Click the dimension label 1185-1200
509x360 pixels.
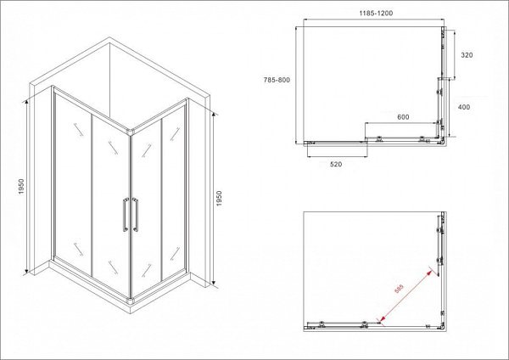376,14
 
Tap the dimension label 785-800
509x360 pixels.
277,80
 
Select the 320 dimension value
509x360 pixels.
467,55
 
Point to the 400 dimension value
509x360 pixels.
463,107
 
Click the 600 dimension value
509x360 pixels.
403,117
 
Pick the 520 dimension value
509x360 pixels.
336,165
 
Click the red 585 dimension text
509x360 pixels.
399,289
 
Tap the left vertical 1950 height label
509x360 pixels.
21,186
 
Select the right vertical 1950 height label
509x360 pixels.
219,198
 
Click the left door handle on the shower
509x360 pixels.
126,215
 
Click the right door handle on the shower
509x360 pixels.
136,215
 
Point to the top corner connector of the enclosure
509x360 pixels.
131,132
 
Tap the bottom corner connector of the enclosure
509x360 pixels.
131,301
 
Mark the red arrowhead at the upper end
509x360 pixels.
429,273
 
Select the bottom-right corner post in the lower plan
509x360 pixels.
443,327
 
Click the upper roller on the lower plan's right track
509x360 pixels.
439,230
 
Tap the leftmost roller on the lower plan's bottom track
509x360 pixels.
322,323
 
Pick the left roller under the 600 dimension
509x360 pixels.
378,139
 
